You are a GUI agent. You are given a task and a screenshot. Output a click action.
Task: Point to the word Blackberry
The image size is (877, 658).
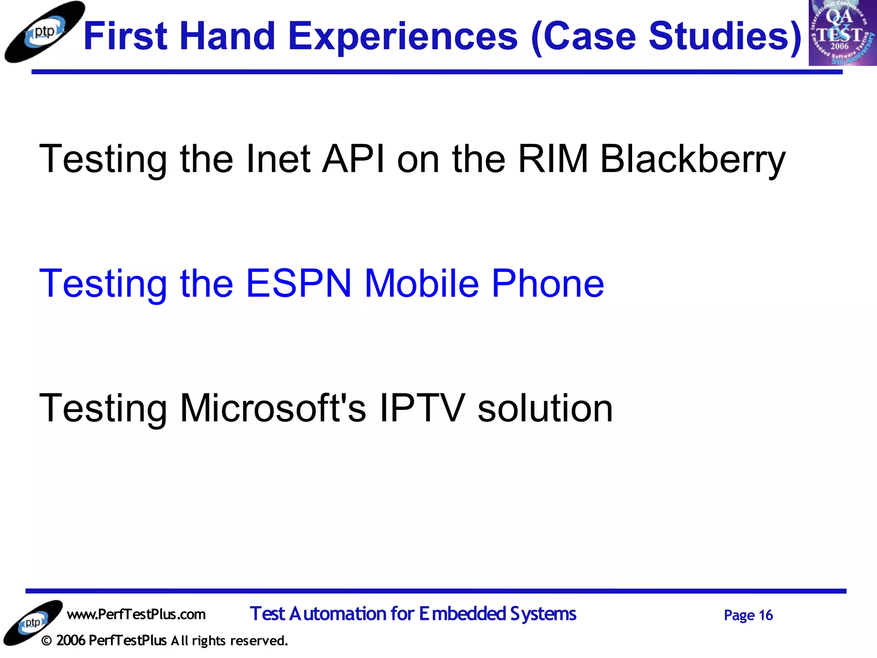692,159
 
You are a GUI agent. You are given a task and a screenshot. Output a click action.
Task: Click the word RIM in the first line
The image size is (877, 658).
552,159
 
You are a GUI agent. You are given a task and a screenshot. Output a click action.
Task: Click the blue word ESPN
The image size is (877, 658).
298,283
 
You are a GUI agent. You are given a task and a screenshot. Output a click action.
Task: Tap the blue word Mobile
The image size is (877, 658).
421,283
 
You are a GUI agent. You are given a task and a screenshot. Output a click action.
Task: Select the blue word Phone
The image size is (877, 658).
548,283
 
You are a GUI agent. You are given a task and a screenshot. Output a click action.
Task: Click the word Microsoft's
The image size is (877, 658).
273,408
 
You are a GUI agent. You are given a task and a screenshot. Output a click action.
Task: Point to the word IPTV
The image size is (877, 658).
422,408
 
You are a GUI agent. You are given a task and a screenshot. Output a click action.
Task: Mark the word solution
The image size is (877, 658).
545,408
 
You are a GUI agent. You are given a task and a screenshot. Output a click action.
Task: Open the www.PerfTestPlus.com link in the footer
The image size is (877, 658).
136,614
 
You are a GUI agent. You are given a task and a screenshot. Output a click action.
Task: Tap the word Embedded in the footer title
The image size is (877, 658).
462,614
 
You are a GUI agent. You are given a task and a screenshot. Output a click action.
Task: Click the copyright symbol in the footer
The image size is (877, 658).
47,641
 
